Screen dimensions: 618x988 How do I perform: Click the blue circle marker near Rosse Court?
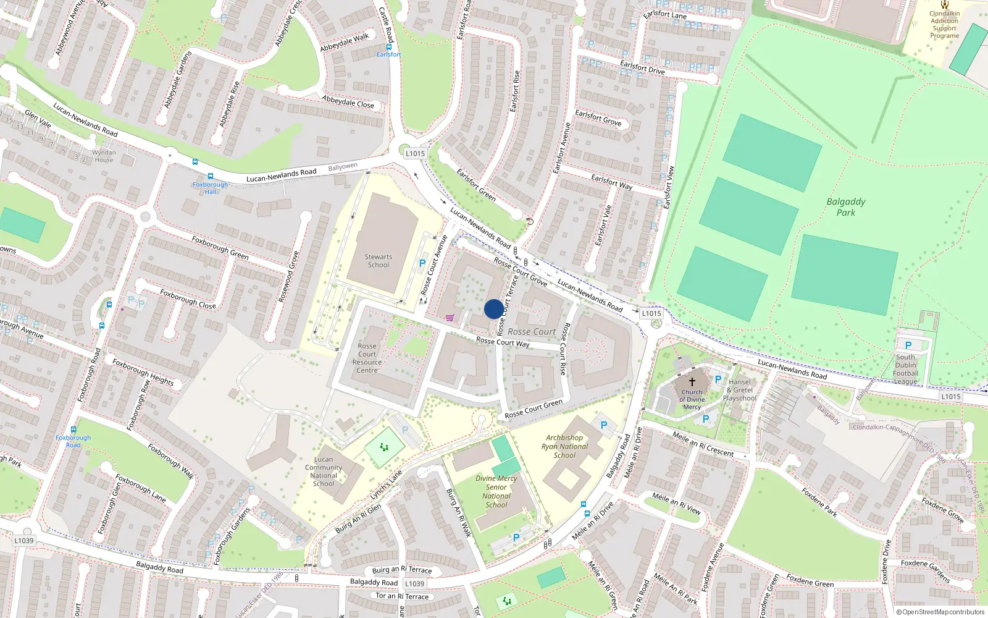point(493,309)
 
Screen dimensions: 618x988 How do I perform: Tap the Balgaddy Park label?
point(846,207)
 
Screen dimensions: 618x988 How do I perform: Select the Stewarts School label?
point(379,261)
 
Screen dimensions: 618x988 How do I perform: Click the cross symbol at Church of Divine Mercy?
point(692,382)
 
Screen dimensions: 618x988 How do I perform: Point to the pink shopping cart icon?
point(450,318)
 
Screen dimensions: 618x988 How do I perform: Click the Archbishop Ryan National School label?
point(564,446)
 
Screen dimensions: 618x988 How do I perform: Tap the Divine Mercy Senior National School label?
point(496,491)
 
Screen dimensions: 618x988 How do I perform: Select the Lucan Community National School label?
point(324,472)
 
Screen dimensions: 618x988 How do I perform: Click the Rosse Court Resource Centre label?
point(367,358)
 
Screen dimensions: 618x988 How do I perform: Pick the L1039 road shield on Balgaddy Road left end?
point(24,541)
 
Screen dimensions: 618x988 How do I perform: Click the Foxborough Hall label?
point(211,188)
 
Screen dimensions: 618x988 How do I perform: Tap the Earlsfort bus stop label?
point(389,54)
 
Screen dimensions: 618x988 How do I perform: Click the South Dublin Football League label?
point(906,369)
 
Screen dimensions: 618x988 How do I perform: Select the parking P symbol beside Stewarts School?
point(422,263)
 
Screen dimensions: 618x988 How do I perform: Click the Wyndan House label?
point(104,156)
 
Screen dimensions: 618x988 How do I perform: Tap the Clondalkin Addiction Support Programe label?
point(945,25)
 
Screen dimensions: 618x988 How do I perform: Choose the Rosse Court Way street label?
point(503,342)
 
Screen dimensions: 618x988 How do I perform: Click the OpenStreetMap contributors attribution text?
point(940,612)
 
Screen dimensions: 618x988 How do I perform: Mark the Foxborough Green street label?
point(220,248)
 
